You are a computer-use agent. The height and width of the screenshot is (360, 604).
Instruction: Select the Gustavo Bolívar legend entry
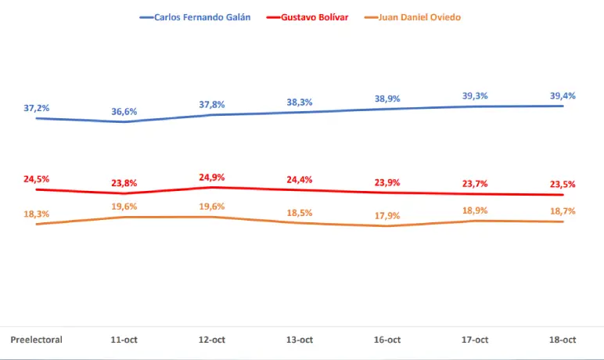pos(308,17)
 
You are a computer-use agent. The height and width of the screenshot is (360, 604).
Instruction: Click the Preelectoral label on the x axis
pos(36,340)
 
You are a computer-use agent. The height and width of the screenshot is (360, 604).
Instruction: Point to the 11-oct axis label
pos(124,340)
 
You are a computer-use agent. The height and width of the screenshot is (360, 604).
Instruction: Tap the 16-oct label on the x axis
pos(387,340)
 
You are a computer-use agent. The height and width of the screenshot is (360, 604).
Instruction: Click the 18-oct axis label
pos(563,340)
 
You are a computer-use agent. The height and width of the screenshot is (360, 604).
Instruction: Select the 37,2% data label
pos(36,109)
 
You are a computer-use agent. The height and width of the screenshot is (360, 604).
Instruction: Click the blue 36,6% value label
pos(124,112)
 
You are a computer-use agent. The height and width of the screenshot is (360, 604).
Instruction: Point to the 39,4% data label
pos(563,96)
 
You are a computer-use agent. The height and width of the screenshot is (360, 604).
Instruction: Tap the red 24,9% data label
pos(212,178)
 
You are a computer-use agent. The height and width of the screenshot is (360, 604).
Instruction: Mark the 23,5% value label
pos(563,185)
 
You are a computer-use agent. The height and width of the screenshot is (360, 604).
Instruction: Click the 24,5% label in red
pos(36,179)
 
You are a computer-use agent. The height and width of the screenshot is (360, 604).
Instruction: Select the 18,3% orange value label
pos(36,214)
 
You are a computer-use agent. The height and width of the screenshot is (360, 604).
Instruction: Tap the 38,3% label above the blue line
pos(300,103)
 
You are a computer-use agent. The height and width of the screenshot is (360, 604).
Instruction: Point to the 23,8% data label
pos(124,183)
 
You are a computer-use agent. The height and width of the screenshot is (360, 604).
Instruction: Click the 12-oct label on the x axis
pos(212,340)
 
